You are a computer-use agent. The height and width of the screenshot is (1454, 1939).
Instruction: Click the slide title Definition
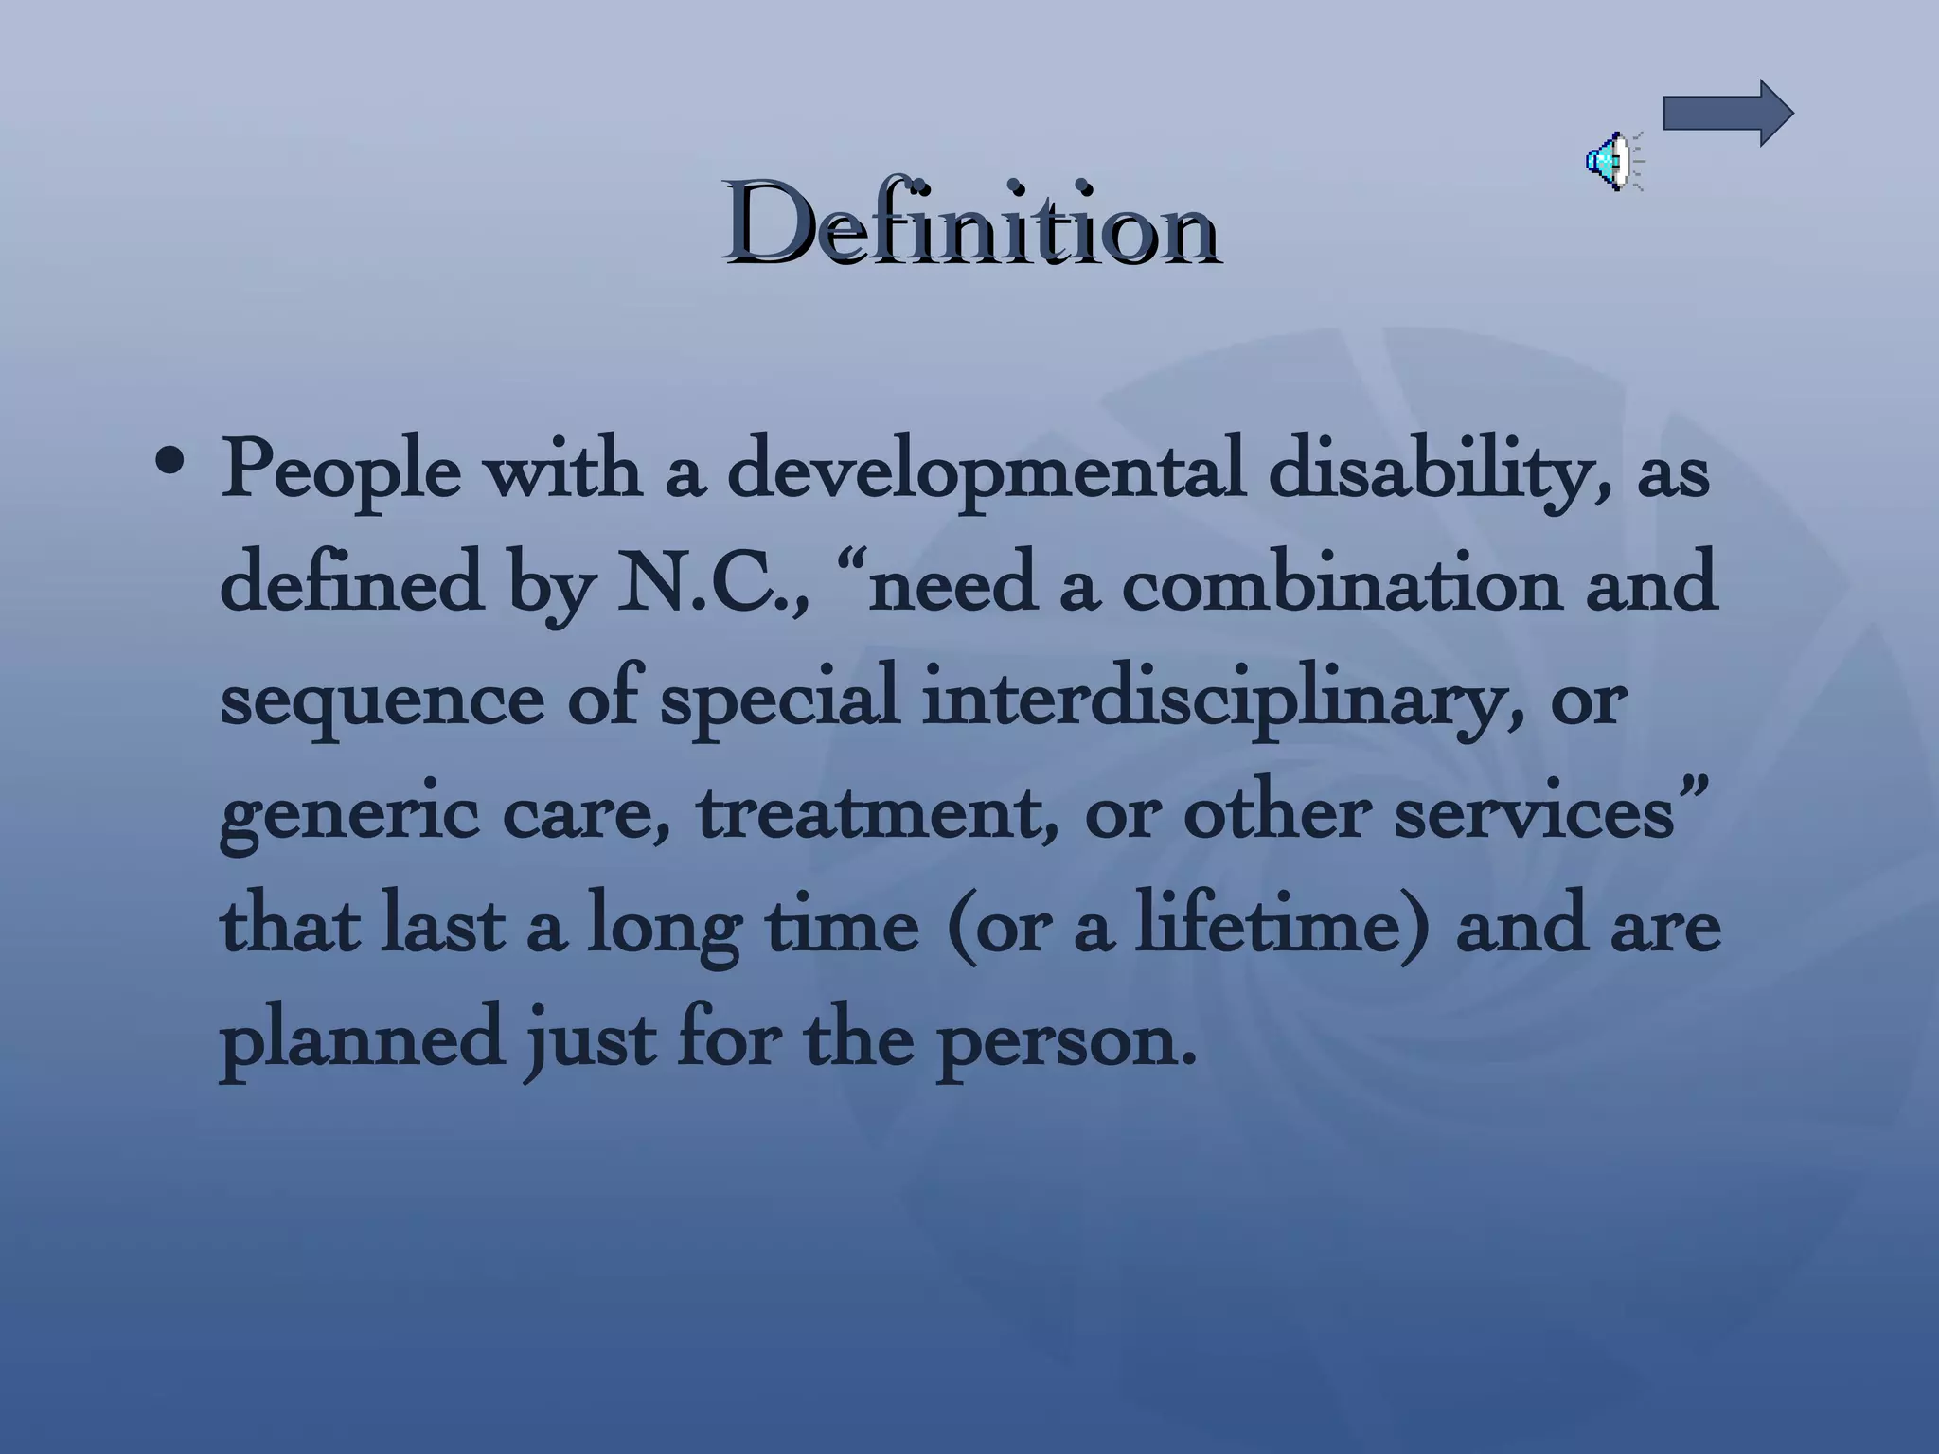click(x=971, y=225)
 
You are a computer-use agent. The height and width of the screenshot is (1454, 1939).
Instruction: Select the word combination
click(x=1340, y=585)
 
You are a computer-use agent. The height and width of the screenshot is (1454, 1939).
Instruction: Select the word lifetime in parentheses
click(x=1269, y=926)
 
